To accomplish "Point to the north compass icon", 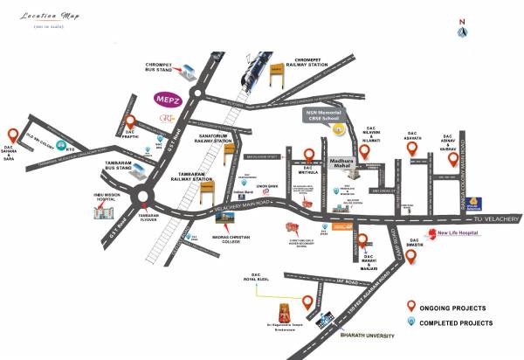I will tap(462, 30).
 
